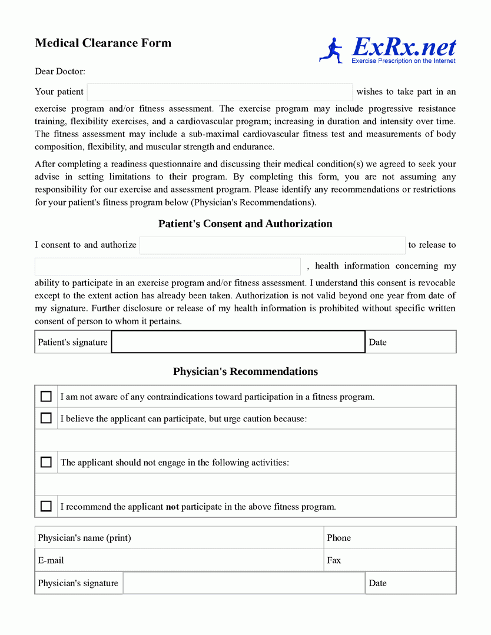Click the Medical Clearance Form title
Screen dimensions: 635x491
[x=103, y=43]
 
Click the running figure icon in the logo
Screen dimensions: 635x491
[x=331, y=51]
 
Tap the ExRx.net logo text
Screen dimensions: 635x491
[x=404, y=47]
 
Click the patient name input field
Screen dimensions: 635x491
[x=220, y=92]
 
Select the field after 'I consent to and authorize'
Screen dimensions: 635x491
[x=272, y=245]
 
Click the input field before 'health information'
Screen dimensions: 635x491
[x=167, y=267]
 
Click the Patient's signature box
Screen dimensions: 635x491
[x=238, y=342]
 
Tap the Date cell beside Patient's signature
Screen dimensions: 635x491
[x=410, y=342]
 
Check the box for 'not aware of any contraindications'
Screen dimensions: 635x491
[x=46, y=397]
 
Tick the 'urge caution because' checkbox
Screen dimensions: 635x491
[x=46, y=418]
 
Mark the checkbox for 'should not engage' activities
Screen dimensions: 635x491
[x=46, y=463]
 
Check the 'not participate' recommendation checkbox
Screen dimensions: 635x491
[x=46, y=506]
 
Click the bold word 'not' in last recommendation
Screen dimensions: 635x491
[x=172, y=507]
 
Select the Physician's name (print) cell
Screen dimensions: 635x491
[x=179, y=538]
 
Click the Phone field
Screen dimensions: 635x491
[x=390, y=538]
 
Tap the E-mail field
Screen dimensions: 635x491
[x=179, y=560]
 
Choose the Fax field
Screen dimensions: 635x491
[x=390, y=560]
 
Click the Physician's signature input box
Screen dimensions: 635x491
[x=244, y=583]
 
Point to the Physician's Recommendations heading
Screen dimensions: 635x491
[x=245, y=372]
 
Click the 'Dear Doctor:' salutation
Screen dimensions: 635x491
[x=60, y=72]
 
